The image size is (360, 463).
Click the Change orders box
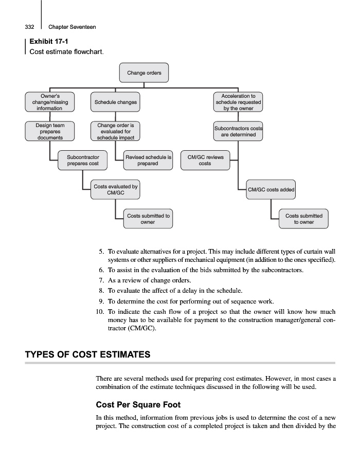144,73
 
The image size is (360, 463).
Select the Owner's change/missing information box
49,102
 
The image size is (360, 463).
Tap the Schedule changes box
116,102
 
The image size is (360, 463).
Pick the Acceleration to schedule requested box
238,102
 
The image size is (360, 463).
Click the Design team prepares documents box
49,131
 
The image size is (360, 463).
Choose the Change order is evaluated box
116,131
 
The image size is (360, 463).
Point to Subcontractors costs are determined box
238,131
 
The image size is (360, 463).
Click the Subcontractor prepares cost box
83,160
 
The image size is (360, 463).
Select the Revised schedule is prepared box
148,160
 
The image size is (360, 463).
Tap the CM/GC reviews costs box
205,160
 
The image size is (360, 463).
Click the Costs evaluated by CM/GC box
116,189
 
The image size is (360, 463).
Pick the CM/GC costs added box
271,189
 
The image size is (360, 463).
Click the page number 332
29,27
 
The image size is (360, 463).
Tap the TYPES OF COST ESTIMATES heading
88,354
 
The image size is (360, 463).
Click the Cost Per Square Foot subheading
138,404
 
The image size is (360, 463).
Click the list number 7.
101,280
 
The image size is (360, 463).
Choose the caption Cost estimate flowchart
66,52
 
